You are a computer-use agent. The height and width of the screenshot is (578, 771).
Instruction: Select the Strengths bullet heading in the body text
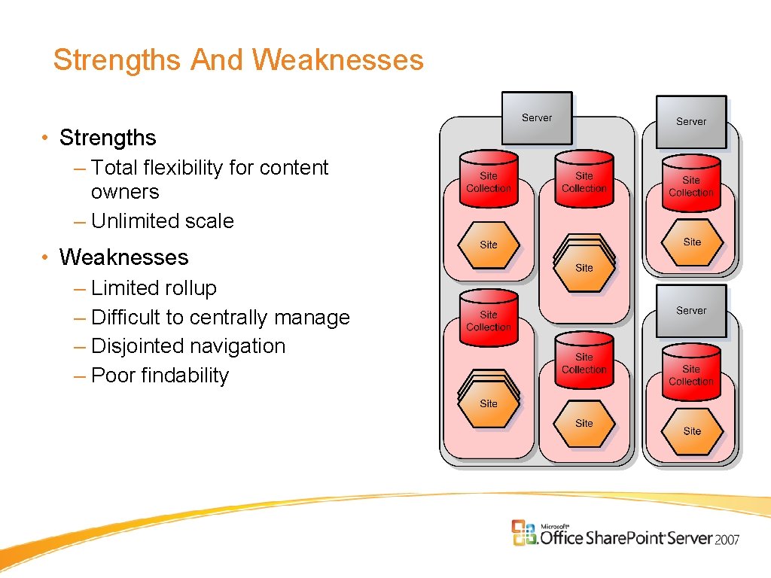[x=108, y=138]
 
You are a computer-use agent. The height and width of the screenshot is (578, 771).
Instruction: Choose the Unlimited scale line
[x=162, y=221]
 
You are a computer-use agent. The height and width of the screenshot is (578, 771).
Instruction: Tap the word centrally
[x=229, y=318]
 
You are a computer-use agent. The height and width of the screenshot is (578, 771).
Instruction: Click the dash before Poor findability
[x=80, y=376]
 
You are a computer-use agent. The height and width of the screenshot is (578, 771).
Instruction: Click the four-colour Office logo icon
[x=524, y=532]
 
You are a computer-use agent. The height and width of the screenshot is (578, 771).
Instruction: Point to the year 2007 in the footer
[x=727, y=539]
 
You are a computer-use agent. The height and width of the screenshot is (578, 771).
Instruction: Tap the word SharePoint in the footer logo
[x=626, y=537]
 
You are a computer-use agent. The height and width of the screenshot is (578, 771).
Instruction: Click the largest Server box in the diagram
[x=537, y=118]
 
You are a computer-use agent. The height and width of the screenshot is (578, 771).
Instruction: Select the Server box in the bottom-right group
[x=691, y=310]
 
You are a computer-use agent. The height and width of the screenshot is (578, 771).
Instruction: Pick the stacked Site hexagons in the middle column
[x=584, y=263]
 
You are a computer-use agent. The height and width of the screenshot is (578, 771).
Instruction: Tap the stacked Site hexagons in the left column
[x=489, y=400]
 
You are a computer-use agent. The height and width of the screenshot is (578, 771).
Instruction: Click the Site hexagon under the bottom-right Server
[x=692, y=431]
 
